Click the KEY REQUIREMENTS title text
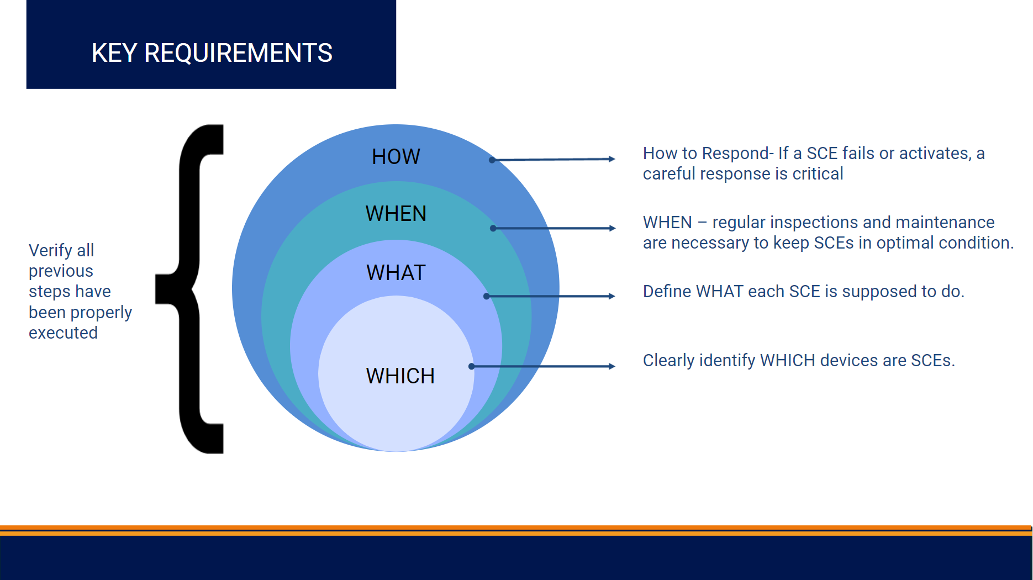tap(212, 53)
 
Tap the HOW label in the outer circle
tap(396, 157)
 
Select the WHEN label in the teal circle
tap(396, 214)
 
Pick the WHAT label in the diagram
tap(396, 273)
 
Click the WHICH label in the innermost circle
tap(400, 376)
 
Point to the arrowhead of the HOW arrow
tap(612, 159)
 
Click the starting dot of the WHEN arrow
tap(493, 228)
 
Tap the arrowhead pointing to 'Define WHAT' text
tap(612, 296)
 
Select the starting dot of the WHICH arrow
tap(471, 366)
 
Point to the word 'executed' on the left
tap(63, 333)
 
